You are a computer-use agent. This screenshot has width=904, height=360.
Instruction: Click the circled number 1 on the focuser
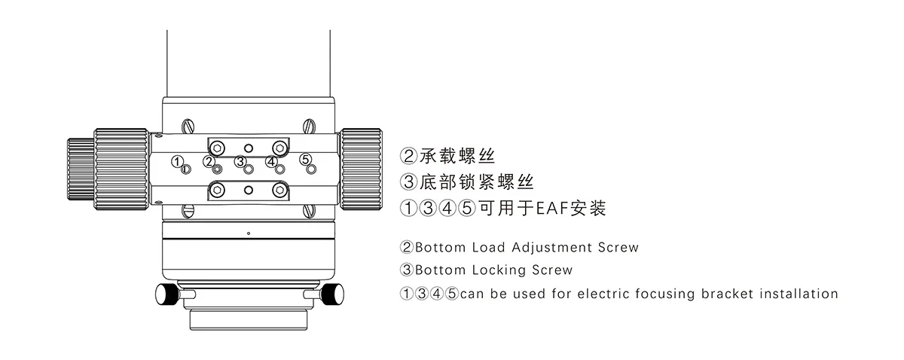(x=176, y=160)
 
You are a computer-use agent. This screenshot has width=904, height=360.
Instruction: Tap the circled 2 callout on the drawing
(x=209, y=160)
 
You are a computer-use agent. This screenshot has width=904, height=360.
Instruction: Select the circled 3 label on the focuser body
(x=240, y=160)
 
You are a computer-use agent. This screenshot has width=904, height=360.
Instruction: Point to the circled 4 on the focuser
(x=271, y=160)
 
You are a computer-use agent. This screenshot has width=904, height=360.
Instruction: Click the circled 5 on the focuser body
(x=305, y=159)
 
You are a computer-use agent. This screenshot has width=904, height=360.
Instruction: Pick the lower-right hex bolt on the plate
(x=279, y=191)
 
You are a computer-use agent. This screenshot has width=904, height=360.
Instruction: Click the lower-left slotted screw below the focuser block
(x=188, y=212)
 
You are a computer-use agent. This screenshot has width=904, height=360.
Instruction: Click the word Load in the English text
(x=489, y=247)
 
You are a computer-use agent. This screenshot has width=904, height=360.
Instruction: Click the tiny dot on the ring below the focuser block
(x=248, y=233)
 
